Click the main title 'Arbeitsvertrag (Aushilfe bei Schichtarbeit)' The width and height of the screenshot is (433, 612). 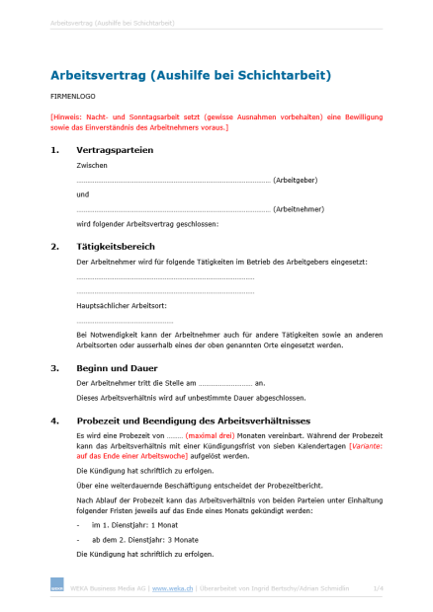pos(191,75)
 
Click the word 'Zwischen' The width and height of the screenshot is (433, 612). pos(90,167)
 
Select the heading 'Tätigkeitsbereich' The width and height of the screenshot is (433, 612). pos(116,246)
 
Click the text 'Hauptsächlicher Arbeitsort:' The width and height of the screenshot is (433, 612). pos(117,307)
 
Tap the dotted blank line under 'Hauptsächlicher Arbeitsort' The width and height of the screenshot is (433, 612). pos(125,322)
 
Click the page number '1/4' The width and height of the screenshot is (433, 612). pos(377,587)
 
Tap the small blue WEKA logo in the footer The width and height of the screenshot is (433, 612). pos(56,587)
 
